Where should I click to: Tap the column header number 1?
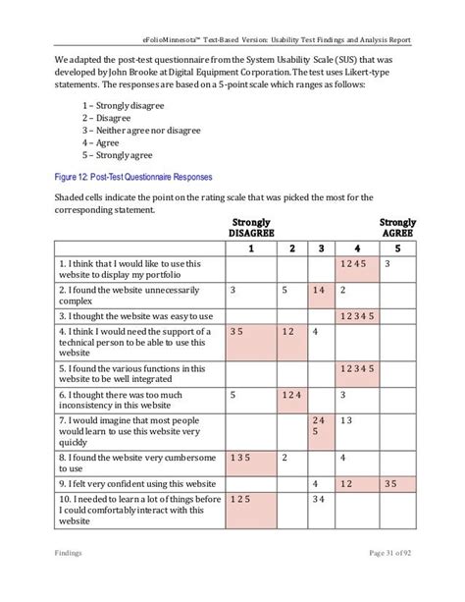(250, 248)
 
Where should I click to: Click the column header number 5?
(398, 248)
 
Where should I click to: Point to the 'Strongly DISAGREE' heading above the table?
(251, 228)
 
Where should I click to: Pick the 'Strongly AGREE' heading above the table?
(398, 228)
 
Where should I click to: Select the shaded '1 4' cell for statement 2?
(320, 292)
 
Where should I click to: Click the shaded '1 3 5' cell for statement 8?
(250, 458)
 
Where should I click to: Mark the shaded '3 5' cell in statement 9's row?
(398, 483)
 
